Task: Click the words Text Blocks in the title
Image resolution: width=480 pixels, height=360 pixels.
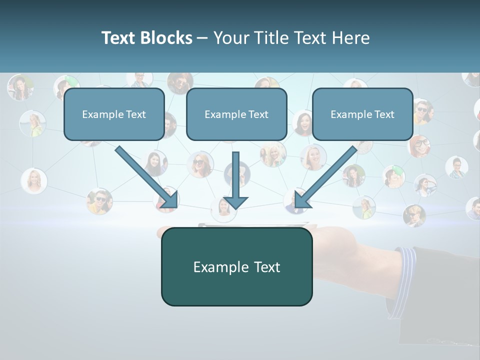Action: click(x=146, y=38)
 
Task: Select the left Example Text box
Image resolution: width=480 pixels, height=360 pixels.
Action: click(x=114, y=114)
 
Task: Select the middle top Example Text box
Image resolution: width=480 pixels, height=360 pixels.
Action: click(x=236, y=114)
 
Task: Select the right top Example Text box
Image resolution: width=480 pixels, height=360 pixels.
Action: click(x=362, y=114)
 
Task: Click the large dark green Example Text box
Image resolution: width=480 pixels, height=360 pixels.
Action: click(x=236, y=267)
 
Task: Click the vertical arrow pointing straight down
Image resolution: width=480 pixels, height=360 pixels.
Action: click(x=235, y=180)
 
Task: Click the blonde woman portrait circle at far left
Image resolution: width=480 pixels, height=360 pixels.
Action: click(x=34, y=180)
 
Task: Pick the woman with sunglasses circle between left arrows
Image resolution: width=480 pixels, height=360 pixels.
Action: click(x=200, y=164)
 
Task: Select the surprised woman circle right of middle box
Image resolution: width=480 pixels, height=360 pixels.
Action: click(x=303, y=123)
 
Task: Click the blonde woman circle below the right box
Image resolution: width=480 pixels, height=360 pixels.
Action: click(x=313, y=157)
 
